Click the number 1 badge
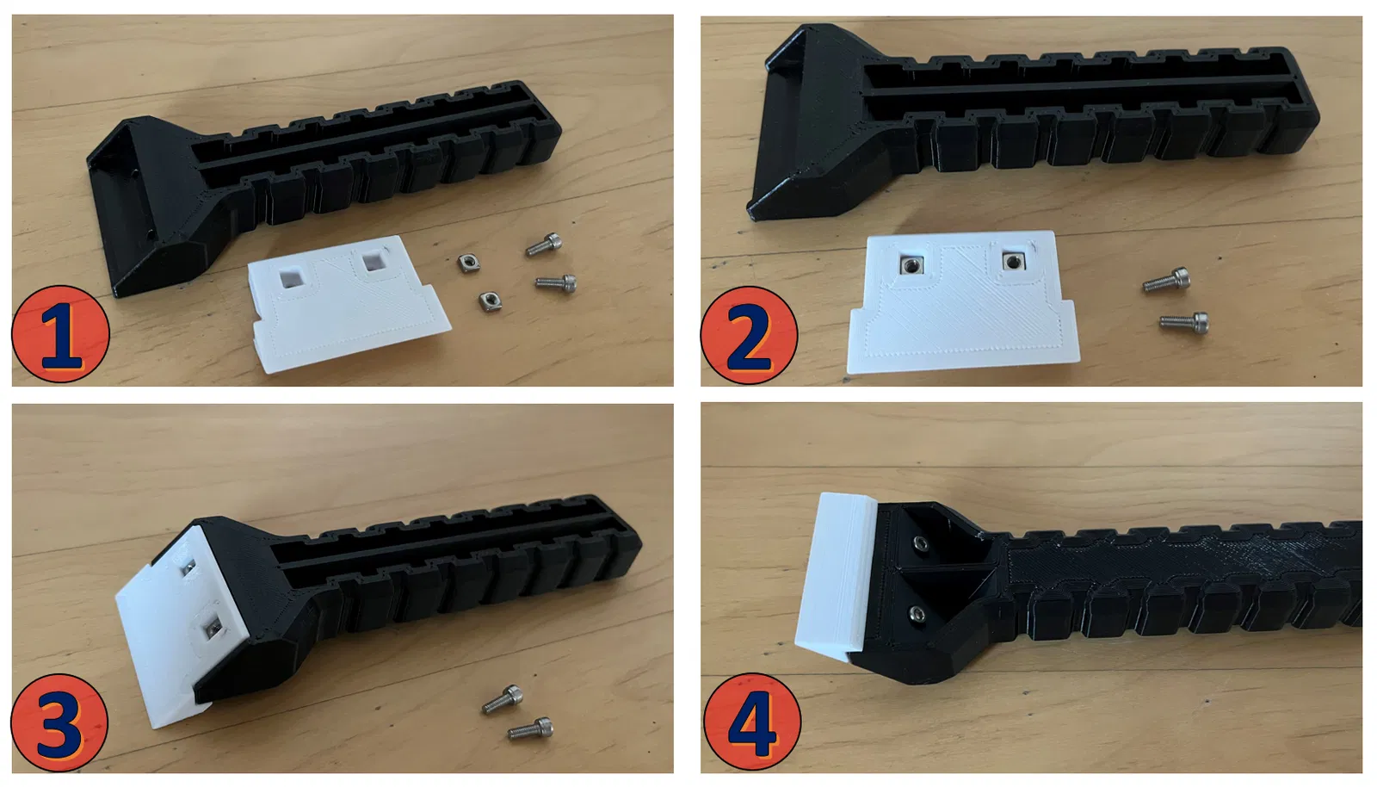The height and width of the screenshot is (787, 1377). click(x=60, y=334)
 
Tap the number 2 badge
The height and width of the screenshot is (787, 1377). click(x=750, y=336)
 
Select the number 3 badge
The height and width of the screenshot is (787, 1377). click(x=59, y=722)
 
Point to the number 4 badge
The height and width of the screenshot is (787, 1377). click(x=752, y=722)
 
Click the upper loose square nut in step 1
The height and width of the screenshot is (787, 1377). click(x=468, y=263)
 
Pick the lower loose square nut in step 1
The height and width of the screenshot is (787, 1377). click(x=490, y=301)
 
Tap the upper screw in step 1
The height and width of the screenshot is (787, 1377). click(x=544, y=244)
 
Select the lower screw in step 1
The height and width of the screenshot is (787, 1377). click(x=556, y=282)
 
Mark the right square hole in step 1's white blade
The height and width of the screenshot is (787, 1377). click(x=374, y=262)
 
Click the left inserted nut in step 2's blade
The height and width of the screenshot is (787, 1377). click(x=911, y=265)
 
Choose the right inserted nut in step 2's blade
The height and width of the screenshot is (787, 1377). click(x=1012, y=262)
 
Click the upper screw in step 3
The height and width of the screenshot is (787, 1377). click(x=503, y=700)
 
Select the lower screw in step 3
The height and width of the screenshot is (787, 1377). click(x=530, y=728)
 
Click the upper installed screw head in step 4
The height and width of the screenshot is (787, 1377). click(x=920, y=542)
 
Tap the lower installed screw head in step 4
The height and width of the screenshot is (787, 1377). click(x=917, y=613)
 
